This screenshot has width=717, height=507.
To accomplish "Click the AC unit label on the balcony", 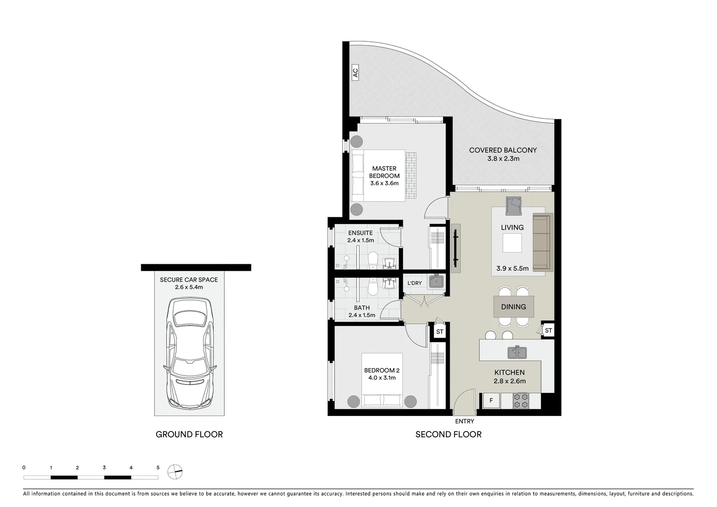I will click(355, 73).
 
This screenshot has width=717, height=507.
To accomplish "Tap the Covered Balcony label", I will click(503, 150).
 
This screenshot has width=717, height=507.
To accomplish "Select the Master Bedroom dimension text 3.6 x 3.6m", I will click(384, 184).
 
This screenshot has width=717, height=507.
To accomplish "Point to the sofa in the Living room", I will click(543, 242).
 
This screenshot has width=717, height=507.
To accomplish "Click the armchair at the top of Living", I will click(515, 204).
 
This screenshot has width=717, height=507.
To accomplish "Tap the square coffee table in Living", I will click(512, 243).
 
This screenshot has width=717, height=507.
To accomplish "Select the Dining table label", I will click(513, 307).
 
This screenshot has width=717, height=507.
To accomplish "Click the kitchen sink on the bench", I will click(517, 352).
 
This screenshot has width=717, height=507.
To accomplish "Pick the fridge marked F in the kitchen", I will click(491, 400).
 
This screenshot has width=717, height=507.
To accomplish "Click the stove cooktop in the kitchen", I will click(521, 400).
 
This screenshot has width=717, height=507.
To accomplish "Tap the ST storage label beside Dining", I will click(548, 330).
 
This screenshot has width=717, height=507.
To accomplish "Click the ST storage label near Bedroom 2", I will click(439, 332).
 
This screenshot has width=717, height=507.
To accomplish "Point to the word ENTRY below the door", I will click(464, 421).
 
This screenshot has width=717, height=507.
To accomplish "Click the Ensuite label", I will click(360, 233).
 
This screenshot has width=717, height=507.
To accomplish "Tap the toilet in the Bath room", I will click(372, 287).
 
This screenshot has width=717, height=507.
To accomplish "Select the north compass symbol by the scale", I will click(175, 471).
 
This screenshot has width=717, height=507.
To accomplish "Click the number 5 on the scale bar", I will click(158, 468).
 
